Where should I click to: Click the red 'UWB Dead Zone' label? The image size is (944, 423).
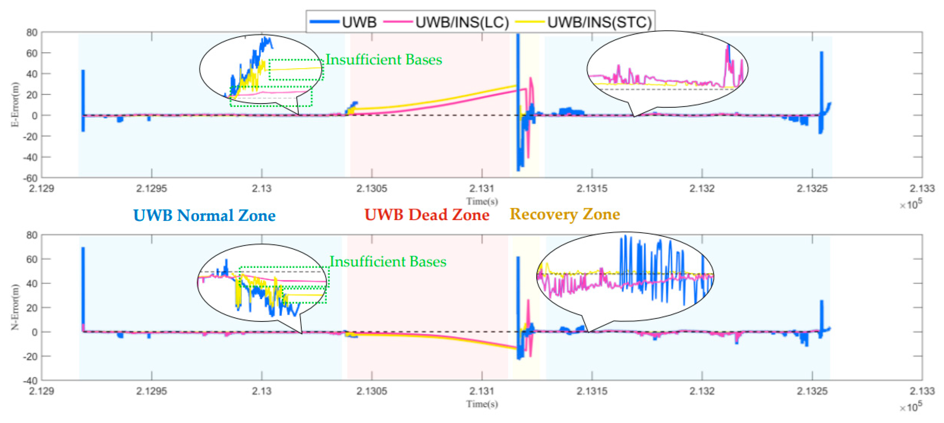427,215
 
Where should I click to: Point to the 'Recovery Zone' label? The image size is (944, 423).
565,214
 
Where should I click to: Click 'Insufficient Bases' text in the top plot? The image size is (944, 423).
384,59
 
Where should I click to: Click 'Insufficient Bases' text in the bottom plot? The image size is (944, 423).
388,261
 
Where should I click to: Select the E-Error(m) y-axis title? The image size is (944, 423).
15,105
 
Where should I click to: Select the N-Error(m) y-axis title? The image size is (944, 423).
15,307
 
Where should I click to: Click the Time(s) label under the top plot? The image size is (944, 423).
482,201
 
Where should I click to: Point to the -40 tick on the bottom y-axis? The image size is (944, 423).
31,381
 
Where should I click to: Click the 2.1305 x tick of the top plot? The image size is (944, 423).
372,189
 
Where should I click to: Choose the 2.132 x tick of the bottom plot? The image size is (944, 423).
702,391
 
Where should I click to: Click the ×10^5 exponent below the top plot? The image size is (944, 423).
911,204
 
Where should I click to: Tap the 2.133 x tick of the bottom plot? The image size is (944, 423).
922,391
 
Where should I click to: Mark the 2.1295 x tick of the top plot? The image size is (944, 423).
151,189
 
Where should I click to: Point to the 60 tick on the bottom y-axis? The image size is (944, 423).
32,259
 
